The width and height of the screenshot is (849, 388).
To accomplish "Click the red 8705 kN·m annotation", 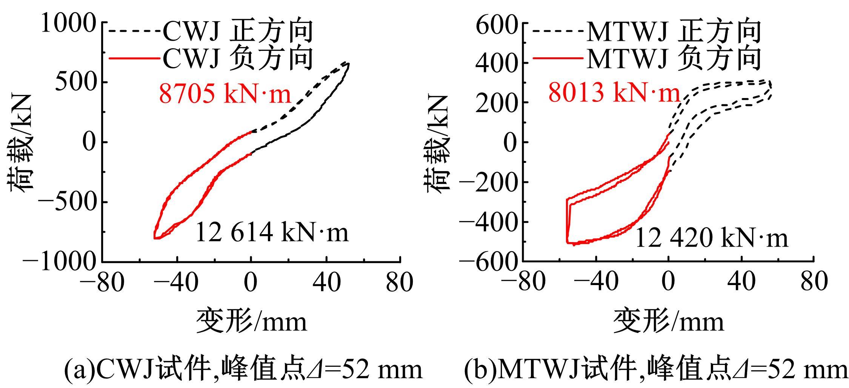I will (225, 94).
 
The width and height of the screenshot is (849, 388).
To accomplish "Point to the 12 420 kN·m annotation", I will (712, 239).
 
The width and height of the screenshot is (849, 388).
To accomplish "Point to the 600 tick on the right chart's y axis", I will (496, 26).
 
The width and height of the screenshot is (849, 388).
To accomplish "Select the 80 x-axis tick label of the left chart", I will (399, 282).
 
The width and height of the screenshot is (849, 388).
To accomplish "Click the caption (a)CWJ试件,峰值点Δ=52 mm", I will (243, 370).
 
